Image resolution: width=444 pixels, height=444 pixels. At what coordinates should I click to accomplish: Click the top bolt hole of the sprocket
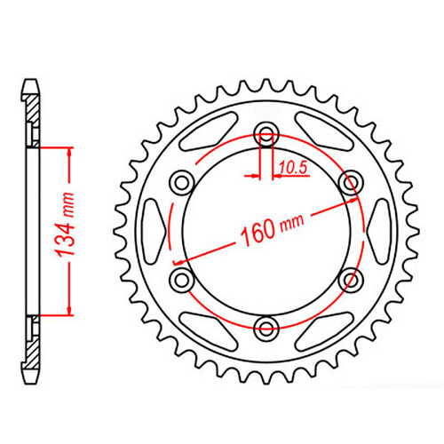(x=266, y=135)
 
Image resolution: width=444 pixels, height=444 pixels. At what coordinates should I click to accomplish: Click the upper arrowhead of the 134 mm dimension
(x=66, y=150)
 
